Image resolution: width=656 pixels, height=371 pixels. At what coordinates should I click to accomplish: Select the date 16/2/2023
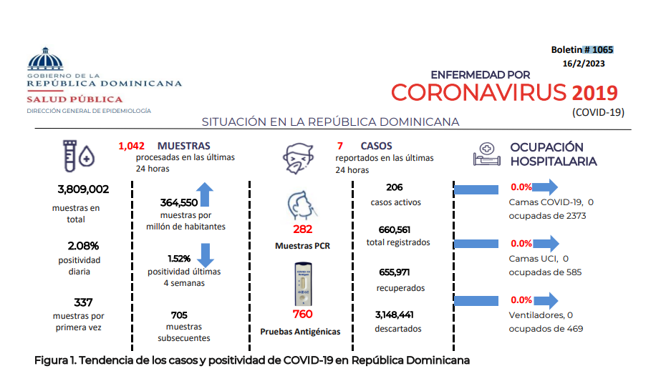tap(584, 64)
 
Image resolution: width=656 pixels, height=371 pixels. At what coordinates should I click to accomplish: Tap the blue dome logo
tap(45, 59)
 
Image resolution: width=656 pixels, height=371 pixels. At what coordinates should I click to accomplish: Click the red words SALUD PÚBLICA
tap(75, 99)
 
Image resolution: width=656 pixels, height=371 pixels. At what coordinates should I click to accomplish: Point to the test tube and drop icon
tap(79, 156)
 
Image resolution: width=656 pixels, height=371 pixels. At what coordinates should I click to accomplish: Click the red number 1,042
tap(131, 146)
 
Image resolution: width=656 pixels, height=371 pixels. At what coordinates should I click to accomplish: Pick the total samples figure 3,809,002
tap(83, 189)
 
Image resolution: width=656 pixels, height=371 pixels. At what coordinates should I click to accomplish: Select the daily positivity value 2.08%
tap(83, 246)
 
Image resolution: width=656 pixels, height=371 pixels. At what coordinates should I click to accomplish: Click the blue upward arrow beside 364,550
tap(205, 194)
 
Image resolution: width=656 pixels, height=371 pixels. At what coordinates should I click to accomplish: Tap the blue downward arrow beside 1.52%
tap(206, 255)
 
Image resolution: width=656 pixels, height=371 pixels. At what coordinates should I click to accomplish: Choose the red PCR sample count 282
tap(302, 229)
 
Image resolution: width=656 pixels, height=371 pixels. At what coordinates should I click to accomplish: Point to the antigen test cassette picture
tap(304, 284)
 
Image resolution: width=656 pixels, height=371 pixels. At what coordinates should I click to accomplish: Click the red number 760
tap(302, 314)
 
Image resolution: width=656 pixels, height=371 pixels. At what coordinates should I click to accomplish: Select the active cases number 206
tap(395, 187)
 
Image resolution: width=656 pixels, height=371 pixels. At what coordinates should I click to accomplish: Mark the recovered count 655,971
tap(395, 272)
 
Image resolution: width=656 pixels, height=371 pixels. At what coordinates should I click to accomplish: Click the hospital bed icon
tap(486, 154)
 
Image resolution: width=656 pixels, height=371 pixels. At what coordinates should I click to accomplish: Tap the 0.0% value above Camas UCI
tap(521, 244)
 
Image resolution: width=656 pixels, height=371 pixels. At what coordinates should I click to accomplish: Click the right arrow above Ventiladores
tap(546, 300)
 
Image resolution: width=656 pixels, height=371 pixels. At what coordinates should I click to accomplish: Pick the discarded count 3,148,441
tap(394, 315)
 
